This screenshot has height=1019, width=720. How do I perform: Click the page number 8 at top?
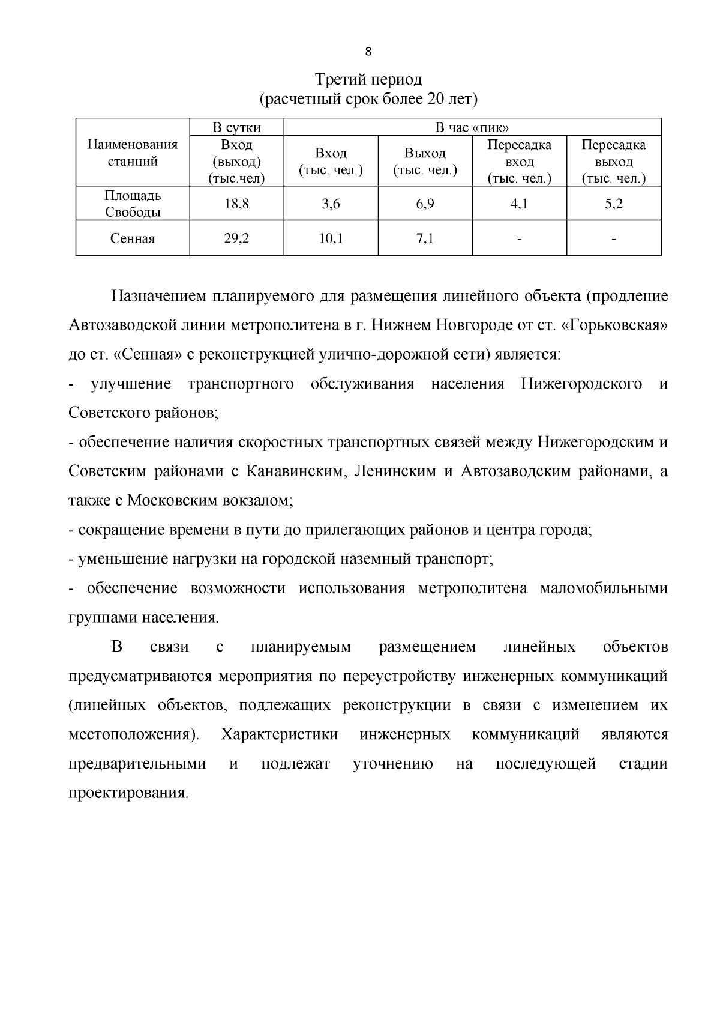point(368,52)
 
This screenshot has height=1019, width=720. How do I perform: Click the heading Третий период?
point(368,80)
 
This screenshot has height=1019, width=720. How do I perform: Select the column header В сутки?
point(236,127)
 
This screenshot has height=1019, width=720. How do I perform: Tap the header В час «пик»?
point(472,127)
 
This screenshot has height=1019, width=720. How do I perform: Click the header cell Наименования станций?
point(133,153)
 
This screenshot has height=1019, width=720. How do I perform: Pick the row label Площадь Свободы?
point(133,204)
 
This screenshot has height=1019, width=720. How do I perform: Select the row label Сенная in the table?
point(133,239)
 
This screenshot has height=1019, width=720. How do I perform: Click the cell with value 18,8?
point(236,204)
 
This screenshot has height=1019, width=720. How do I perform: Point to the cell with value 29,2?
point(236,239)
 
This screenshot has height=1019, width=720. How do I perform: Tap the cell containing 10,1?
point(331,239)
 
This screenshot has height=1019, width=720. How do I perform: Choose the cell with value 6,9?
point(425,204)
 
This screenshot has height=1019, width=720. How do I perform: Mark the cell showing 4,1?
point(519,204)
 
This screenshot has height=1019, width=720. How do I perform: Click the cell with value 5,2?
point(613,204)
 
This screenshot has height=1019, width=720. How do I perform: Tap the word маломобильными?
point(604,588)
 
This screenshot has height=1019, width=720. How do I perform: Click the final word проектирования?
point(128,793)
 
